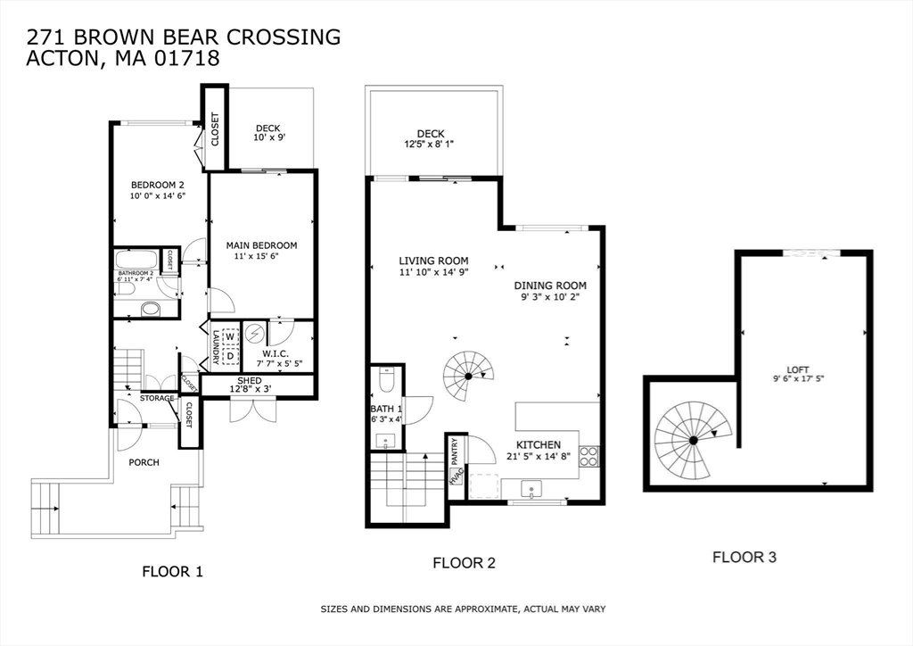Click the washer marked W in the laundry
click(231, 336)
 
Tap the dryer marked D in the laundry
click(231, 356)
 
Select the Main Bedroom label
click(261, 245)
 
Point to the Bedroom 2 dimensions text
click(157, 196)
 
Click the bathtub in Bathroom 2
click(136, 260)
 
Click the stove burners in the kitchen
click(588, 456)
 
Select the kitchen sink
click(531, 489)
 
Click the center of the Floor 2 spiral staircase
click(468, 377)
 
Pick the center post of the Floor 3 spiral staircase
click(694, 441)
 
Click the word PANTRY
click(454, 451)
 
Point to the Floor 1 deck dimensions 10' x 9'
click(269, 137)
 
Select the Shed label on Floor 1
click(250, 380)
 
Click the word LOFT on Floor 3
click(798, 369)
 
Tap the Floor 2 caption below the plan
click(464, 563)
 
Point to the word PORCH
click(144, 462)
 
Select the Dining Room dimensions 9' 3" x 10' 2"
click(550, 296)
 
